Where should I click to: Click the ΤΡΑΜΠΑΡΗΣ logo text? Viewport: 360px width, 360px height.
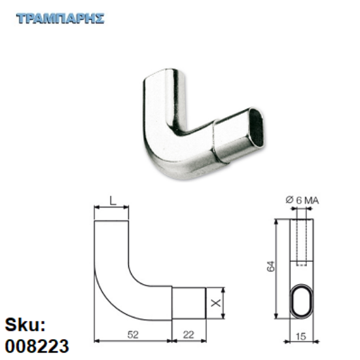pyautogui.click(x=60, y=18)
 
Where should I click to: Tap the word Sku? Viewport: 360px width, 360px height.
pyautogui.click(x=25, y=326)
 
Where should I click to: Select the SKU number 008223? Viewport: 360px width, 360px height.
pyautogui.click(x=37, y=344)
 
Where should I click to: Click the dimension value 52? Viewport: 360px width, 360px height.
pyautogui.click(x=134, y=334)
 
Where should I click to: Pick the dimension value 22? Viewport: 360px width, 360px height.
pyautogui.click(x=189, y=334)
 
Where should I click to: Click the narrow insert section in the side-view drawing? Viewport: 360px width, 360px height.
pyautogui.click(x=189, y=302)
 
